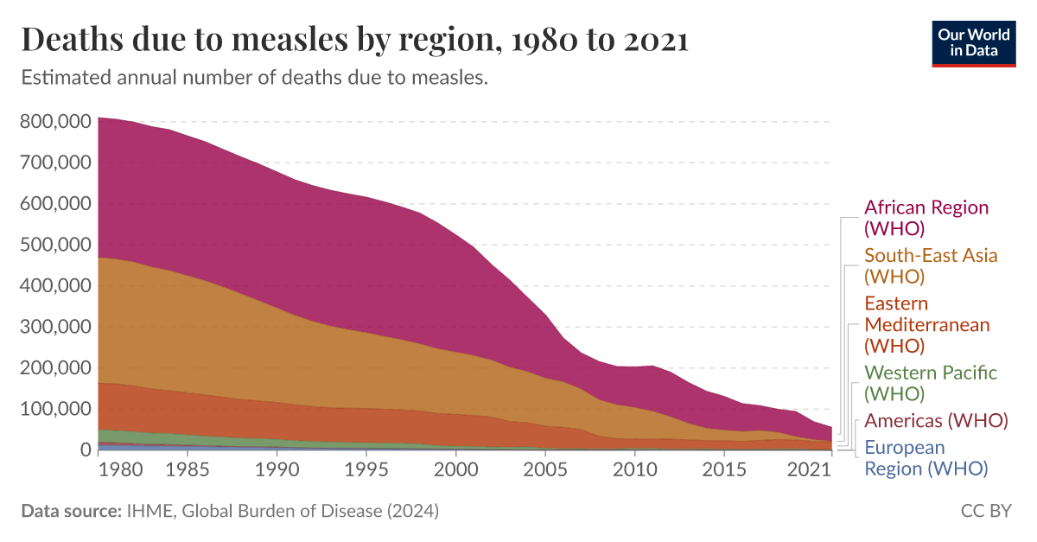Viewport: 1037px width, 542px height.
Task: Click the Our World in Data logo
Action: (x=973, y=41)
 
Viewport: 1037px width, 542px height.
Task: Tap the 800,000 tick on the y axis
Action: (x=54, y=122)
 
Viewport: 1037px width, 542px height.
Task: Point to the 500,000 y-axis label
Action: (x=54, y=245)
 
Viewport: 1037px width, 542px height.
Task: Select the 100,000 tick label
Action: (x=54, y=409)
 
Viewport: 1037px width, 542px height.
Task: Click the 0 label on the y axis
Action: (x=86, y=450)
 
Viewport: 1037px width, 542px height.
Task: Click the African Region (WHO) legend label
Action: (x=926, y=218)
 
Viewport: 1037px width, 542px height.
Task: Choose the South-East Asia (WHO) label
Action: (x=930, y=265)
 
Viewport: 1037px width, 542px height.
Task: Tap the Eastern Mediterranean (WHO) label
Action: (x=926, y=324)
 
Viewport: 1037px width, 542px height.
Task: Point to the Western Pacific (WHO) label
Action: (x=930, y=383)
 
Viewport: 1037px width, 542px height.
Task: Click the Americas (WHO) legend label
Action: (x=936, y=421)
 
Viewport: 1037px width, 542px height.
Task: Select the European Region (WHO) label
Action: (x=925, y=458)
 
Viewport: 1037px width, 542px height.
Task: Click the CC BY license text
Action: (x=985, y=511)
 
